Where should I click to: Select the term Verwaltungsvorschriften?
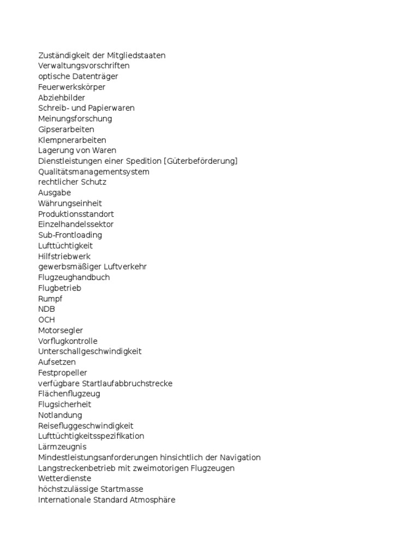(x=83, y=66)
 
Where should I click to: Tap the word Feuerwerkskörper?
(x=71, y=87)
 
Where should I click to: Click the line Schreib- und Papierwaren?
(x=86, y=108)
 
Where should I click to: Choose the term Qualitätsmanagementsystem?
(x=93, y=172)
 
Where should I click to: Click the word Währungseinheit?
(x=70, y=204)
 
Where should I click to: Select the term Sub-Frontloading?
(x=70, y=235)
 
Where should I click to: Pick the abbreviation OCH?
(x=46, y=320)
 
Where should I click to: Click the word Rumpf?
(x=50, y=299)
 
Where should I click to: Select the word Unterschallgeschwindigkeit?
(x=89, y=352)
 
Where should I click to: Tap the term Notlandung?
(x=60, y=415)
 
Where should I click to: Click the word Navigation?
(x=241, y=457)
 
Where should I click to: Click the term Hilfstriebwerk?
(x=64, y=256)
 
